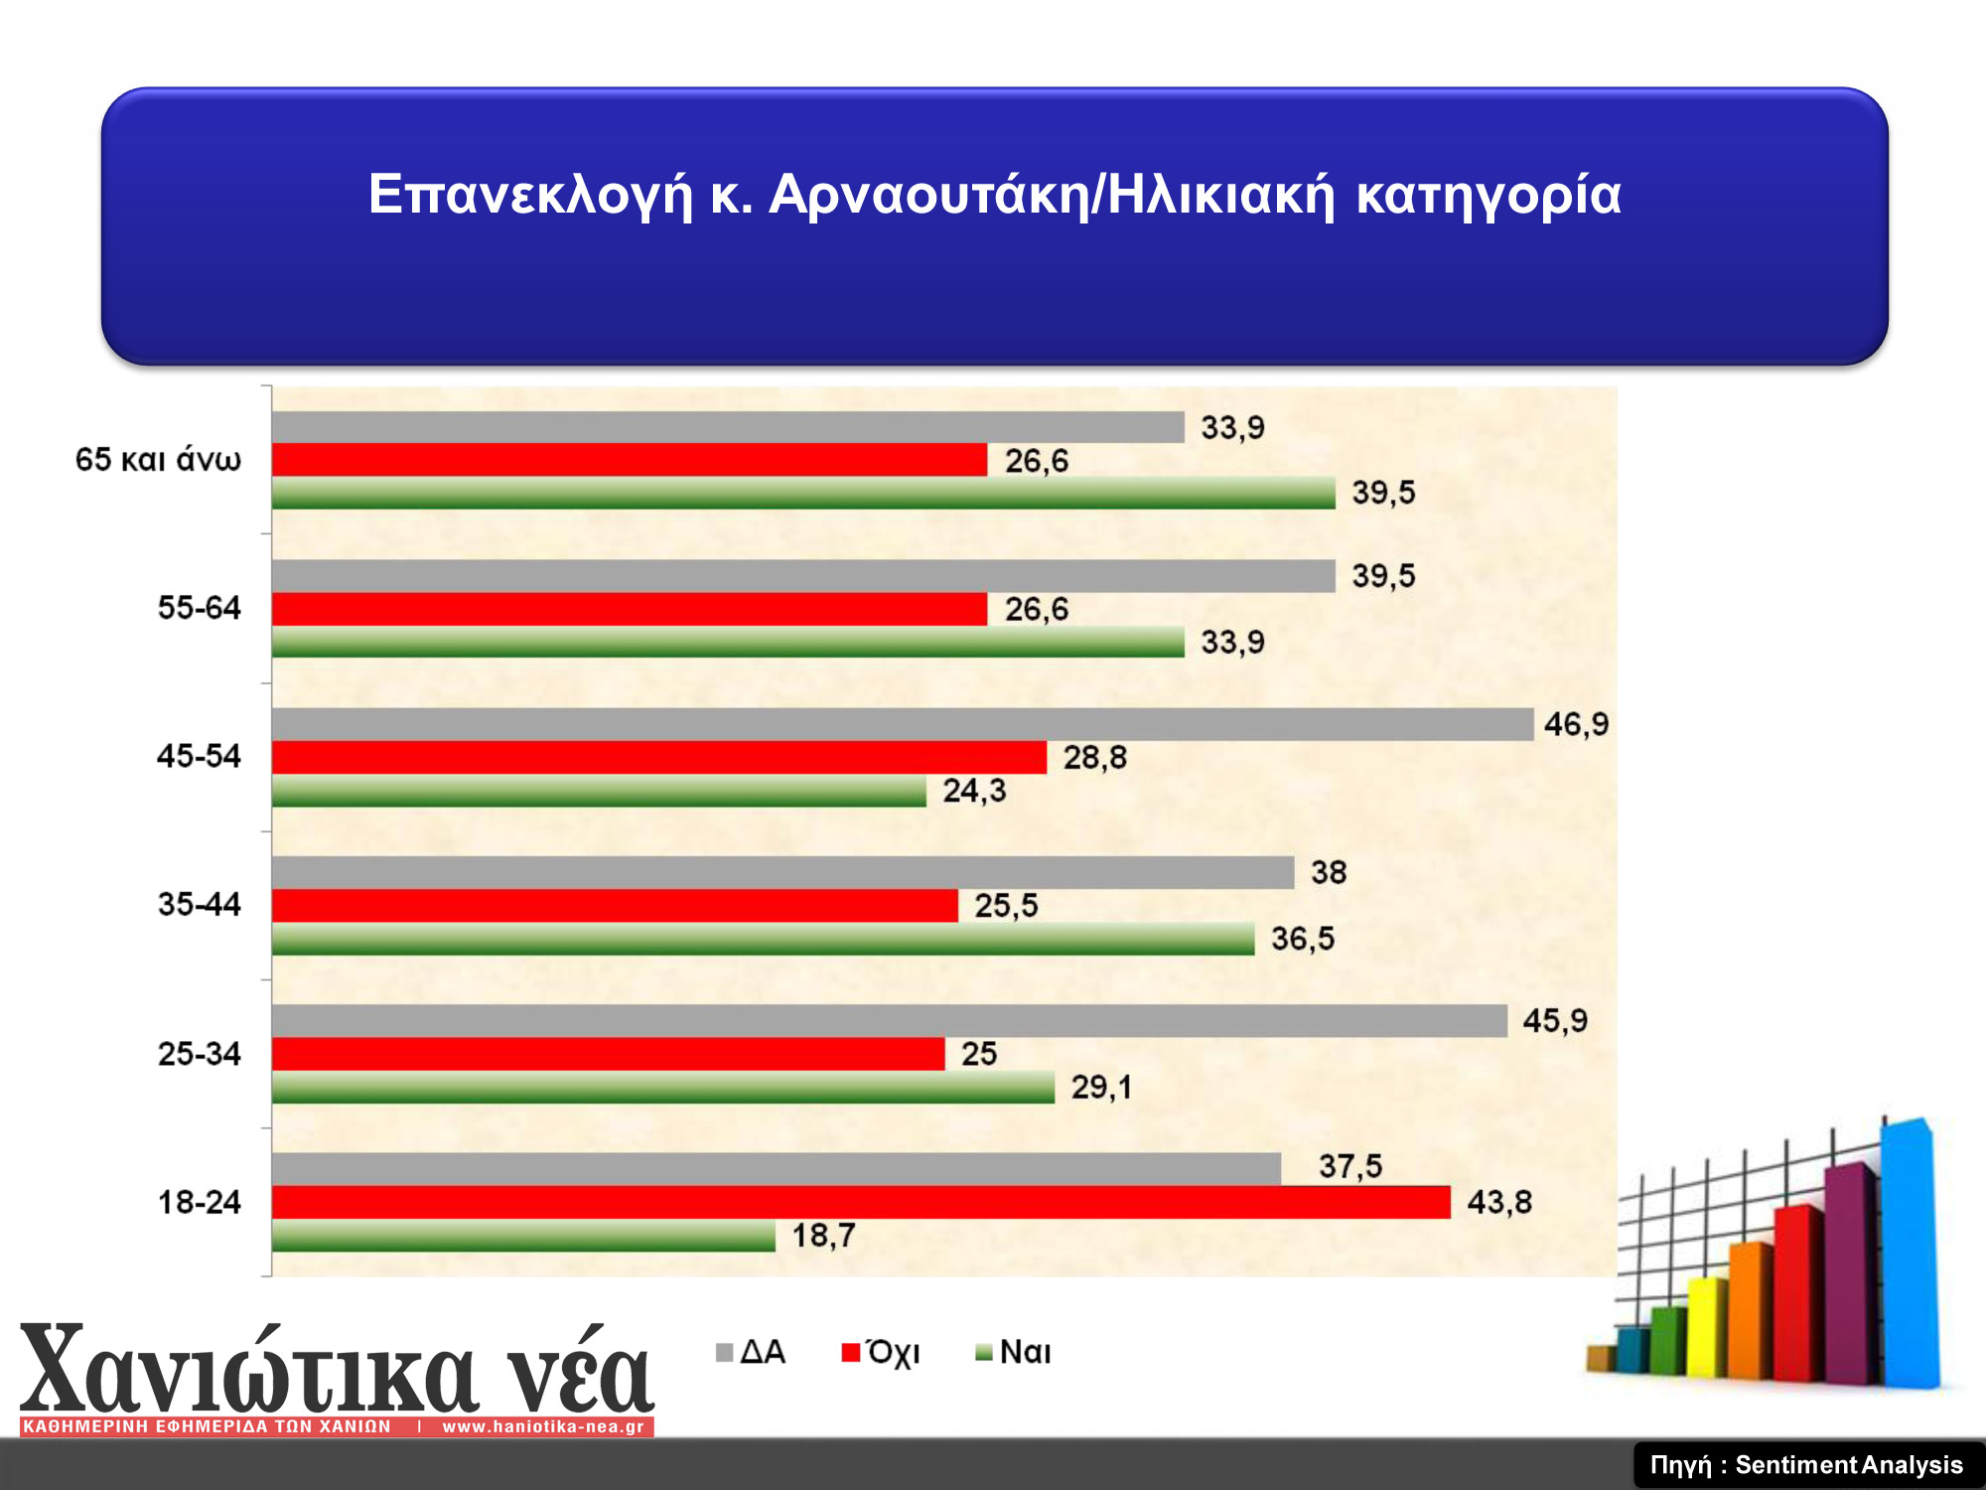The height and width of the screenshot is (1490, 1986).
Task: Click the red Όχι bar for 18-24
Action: pyautogui.click(x=861, y=1202)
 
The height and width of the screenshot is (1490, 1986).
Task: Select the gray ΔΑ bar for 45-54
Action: pyautogui.click(x=903, y=724)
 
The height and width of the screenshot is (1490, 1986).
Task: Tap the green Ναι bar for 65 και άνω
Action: pyautogui.click(x=803, y=493)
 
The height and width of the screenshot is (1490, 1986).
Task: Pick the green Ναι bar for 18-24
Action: pyautogui.click(x=523, y=1236)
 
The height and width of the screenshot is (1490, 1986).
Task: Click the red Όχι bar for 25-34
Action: pyautogui.click(x=609, y=1054)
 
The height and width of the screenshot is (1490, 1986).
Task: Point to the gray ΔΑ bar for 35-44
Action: pyautogui.click(x=783, y=872)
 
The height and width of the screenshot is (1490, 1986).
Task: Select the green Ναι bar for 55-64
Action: pyautogui.click(x=729, y=642)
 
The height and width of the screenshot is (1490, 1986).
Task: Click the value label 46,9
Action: pyautogui.click(x=1576, y=724)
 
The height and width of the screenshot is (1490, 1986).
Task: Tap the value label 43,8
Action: pyautogui.click(x=1499, y=1202)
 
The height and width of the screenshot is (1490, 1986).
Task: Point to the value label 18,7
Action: pyautogui.click(x=823, y=1236)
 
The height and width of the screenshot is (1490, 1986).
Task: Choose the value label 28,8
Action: pyautogui.click(x=1095, y=758)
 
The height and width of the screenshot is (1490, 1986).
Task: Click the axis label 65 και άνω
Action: pyautogui.click(x=158, y=459)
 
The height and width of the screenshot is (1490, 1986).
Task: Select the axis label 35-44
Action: pyautogui.click(x=199, y=904)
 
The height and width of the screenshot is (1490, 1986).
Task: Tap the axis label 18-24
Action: pyautogui.click(x=199, y=1202)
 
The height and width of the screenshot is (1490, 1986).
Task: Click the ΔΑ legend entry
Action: pyautogui.click(x=751, y=1352)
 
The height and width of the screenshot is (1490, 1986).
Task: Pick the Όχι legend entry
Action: pyautogui.click(x=881, y=1352)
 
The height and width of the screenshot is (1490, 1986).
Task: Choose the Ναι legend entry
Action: pyautogui.click(x=1014, y=1352)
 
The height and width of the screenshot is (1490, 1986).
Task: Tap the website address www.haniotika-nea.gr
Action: pyautogui.click(x=543, y=1426)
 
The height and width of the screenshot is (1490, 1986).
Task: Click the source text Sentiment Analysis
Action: pyautogui.click(x=1849, y=1465)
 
